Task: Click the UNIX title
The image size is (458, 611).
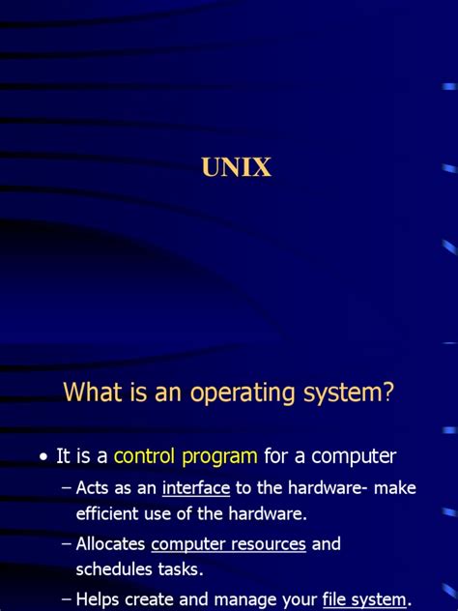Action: pos(237,168)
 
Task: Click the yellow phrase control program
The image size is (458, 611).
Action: pos(186,455)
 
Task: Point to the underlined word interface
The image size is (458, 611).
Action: pos(196,488)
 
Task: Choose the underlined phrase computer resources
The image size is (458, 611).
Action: pos(229,544)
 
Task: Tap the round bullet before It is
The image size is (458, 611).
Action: pos(43,456)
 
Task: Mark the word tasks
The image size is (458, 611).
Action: pos(182,569)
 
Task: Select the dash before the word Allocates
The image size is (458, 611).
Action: pos(66,544)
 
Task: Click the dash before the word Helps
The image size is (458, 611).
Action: pos(66,599)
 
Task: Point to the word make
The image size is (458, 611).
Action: pos(396,488)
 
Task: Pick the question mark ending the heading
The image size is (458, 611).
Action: pos(389,393)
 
